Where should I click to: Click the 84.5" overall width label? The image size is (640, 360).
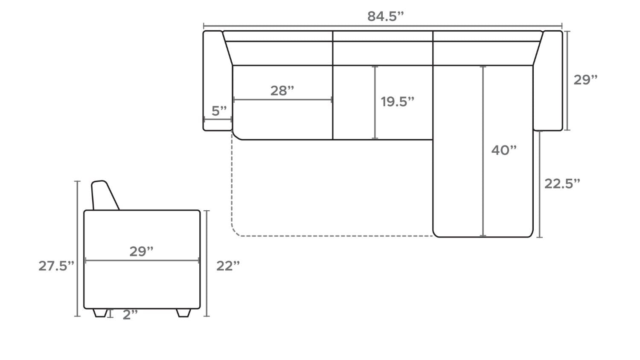385,16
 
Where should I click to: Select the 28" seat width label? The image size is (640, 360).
282,90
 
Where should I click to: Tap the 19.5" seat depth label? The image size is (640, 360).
397,102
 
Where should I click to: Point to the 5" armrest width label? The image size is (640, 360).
219,111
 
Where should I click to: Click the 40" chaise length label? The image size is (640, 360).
503,150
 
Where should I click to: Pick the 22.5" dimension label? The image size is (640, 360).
562,183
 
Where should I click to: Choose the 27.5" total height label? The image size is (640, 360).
56,266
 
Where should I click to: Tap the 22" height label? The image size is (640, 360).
228,266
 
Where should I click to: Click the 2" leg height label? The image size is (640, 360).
130,315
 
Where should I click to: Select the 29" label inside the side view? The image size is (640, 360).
141,252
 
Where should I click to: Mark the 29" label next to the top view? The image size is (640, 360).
585,80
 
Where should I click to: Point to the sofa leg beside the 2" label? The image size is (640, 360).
100,313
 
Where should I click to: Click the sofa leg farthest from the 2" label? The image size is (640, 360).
183,313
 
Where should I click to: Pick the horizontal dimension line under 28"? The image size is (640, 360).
282,100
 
